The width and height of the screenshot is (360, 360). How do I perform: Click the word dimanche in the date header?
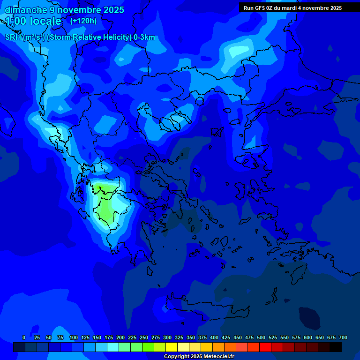click(25, 10)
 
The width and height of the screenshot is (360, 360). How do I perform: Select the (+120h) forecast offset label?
click(83, 21)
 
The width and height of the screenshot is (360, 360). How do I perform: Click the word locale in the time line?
click(45, 21)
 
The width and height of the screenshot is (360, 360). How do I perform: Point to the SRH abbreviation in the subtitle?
click(13, 37)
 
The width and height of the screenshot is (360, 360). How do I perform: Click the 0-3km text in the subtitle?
click(144, 37)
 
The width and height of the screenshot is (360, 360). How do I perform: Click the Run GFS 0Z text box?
click(292, 8)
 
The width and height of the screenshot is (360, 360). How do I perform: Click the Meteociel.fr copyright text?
click(199, 357)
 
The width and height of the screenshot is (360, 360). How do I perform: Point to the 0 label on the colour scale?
click(24, 337)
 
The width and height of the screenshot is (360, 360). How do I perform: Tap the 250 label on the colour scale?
click(144, 337)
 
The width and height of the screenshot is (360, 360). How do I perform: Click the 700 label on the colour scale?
click(343, 337)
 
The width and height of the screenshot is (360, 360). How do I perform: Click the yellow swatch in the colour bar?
click(172, 347)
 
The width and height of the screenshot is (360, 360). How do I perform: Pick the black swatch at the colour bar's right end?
click(336, 347)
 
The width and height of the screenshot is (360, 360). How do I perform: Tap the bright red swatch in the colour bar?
click(265, 347)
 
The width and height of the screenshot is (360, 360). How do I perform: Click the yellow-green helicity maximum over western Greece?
click(106, 206)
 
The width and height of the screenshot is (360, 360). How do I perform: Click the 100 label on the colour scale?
click(74, 337)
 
